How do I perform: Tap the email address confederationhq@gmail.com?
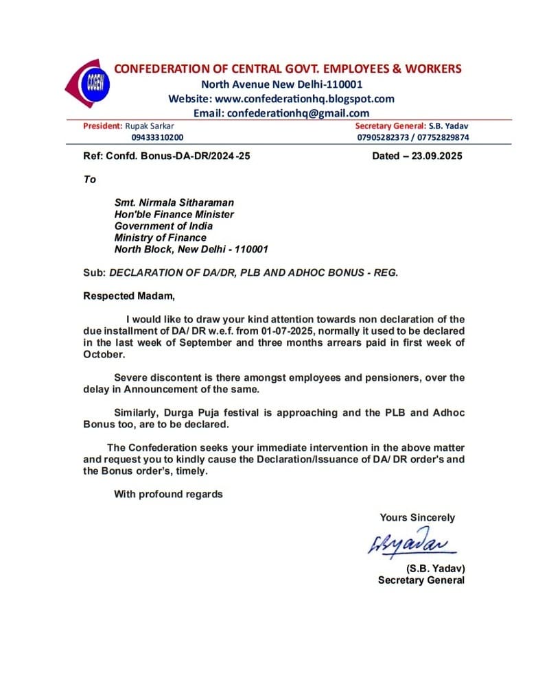[298, 113]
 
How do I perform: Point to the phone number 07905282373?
[382, 137]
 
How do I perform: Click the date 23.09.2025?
[437, 156]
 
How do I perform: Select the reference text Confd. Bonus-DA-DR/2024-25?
[178, 156]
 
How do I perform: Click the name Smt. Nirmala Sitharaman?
[174, 202]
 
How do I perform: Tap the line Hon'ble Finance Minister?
[174, 214]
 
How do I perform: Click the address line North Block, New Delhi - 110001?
[191, 249]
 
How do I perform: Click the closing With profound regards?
[168, 494]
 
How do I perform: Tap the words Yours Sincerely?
[417, 518]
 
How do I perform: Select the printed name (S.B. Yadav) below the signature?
[435, 569]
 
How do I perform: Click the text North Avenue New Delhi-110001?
[281, 84]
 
